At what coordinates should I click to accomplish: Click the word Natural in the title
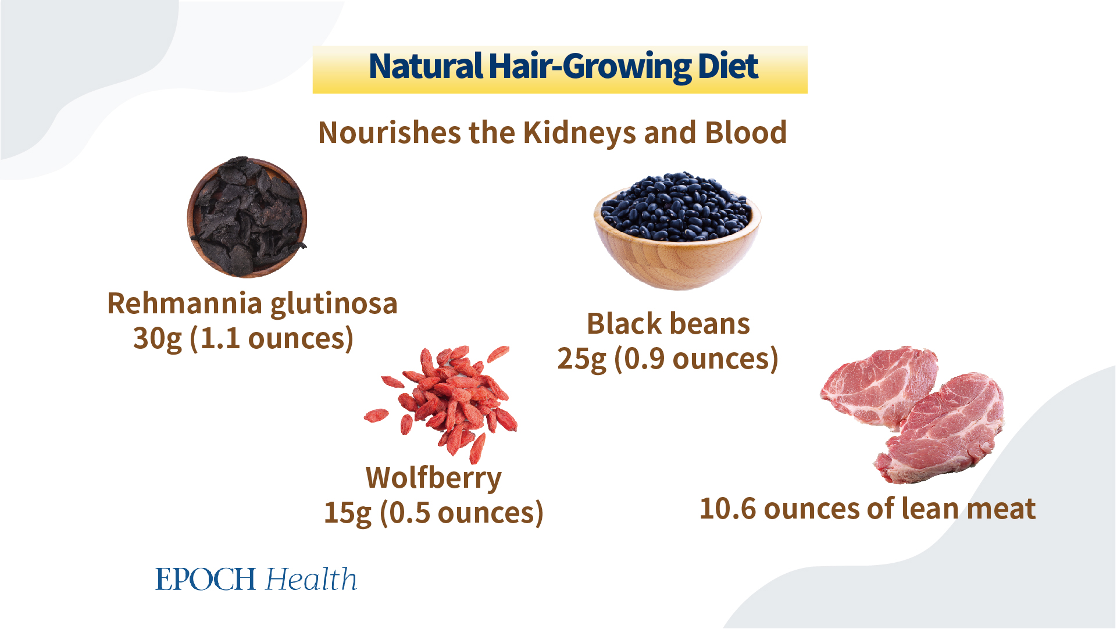click(x=426, y=66)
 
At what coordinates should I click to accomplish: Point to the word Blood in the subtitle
click(x=746, y=133)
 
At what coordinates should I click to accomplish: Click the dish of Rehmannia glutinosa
click(x=247, y=217)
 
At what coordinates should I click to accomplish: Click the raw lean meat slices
click(x=911, y=414)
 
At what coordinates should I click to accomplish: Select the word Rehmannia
click(x=185, y=303)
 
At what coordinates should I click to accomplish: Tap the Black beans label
click(x=668, y=324)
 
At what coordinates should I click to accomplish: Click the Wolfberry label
click(x=434, y=478)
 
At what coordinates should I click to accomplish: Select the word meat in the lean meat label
click(x=1001, y=509)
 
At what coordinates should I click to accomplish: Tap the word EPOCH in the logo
click(x=206, y=580)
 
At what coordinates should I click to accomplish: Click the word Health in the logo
click(x=311, y=579)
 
